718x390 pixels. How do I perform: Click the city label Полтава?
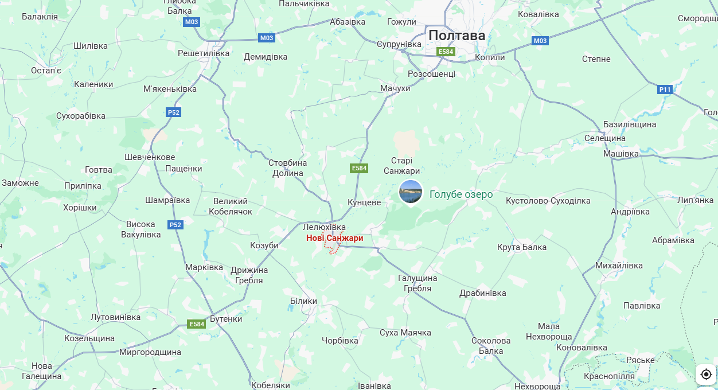456,36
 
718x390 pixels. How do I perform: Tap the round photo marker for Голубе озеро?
411,192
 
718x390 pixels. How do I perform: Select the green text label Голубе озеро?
461,194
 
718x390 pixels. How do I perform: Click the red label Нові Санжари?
334,237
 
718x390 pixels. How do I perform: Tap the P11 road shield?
665,89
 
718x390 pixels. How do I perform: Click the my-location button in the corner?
706,375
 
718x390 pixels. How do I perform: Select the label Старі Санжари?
401,166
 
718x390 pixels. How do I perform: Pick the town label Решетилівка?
204,53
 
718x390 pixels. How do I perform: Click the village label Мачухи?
395,88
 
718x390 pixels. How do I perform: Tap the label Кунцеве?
364,202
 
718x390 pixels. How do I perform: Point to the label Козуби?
264,245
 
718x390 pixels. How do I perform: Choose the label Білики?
303,301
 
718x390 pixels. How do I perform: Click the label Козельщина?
89,338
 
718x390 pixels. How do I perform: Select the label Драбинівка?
483,293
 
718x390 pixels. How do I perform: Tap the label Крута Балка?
522,247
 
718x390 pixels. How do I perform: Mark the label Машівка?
621,154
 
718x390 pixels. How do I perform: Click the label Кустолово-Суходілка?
548,201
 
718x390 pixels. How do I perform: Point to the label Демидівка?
266,57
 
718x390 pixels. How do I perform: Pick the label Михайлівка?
619,266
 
